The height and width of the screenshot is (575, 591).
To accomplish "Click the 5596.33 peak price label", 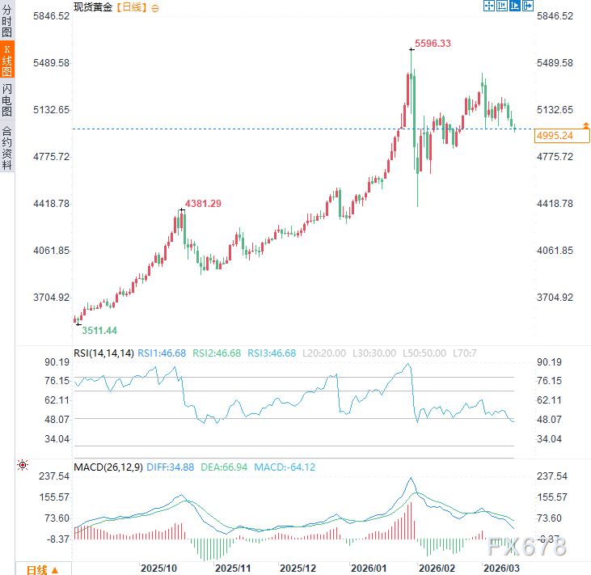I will tap(433, 44).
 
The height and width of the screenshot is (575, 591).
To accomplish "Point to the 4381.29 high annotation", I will tap(203, 204).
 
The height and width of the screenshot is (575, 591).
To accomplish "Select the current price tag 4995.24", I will tap(554, 136).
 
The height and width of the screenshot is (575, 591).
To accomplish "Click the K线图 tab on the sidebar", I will tap(7, 61).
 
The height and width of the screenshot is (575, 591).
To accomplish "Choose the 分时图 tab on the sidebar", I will tap(7, 22).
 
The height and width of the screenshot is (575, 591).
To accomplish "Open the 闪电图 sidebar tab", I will tap(7, 99).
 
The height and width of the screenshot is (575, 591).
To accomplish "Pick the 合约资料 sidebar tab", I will tap(7, 147).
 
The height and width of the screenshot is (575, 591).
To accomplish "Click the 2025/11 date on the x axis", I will tap(232, 569).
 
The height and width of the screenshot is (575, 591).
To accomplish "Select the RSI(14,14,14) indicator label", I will tap(103, 353).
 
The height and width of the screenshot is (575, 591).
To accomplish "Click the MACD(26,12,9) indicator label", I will tap(108, 467).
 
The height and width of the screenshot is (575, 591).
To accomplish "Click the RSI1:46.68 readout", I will tap(162, 353).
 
